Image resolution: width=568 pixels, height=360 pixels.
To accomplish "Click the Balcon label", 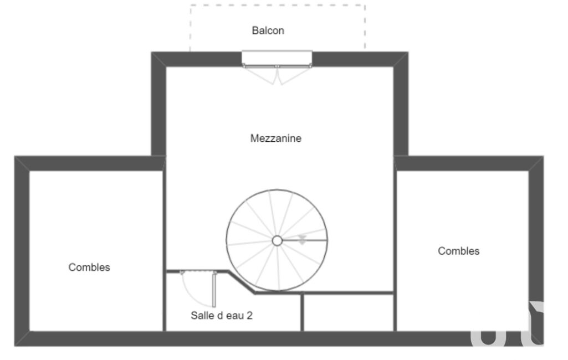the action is click(x=268, y=30).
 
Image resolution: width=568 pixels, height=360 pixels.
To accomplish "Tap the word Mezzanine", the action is click(x=275, y=138).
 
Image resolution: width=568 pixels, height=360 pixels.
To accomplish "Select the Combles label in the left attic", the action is click(x=89, y=268).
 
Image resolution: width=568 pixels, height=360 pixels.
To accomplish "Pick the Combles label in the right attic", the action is click(x=459, y=251).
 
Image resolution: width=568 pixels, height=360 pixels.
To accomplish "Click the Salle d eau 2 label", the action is click(x=222, y=316).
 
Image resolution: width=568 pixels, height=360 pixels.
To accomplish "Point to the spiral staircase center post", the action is click(x=277, y=240).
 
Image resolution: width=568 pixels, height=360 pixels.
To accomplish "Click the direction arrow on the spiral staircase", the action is click(x=302, y=239).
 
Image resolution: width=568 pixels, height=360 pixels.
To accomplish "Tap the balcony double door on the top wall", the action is click(x=277, y=67).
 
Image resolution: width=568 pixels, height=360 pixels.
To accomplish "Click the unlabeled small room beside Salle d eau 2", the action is click(x=349, y=312).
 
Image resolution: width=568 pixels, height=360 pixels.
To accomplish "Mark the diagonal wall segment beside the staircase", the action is click(x=241, y=282).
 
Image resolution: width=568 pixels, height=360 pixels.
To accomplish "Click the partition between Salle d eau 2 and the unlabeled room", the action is click(x=302, y=312).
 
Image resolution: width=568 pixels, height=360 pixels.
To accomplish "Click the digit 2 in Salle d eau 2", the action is click(x=249, y=316).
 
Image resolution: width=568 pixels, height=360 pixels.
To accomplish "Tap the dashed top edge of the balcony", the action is click(x=278, y=5).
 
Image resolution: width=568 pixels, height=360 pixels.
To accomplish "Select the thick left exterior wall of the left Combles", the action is click(x=22, y=251).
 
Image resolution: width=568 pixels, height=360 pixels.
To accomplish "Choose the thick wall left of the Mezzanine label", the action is click(x=158, y=104).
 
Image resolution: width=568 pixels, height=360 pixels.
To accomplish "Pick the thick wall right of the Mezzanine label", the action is click(x=401, y=104).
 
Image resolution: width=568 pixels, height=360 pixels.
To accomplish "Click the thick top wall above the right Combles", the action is click(x=469, y=163).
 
